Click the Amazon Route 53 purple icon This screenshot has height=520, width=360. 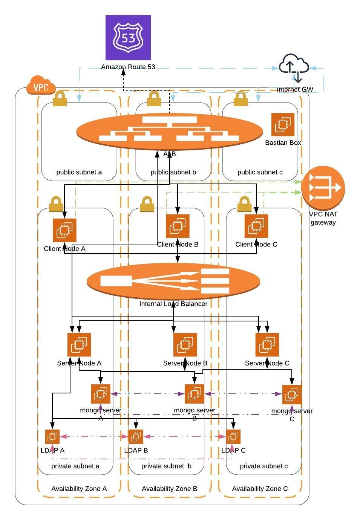click(128, 38)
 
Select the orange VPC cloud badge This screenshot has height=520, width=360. click(41, 86)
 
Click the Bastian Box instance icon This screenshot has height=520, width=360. click(283, 125)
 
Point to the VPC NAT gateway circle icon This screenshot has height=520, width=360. click(323, 188)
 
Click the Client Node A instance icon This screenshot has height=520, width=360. click(64, 230)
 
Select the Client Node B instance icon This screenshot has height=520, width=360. click(178, 226)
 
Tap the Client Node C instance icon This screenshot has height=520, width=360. click(256, 226)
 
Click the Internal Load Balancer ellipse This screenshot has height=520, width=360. click(173, 281)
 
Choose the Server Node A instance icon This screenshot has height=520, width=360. click(79, 345)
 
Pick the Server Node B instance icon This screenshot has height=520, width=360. click(185, 345)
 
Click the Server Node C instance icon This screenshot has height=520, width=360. click(267, 345)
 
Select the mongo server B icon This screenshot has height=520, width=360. click(194, 394)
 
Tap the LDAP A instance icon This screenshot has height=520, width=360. click(52, 437)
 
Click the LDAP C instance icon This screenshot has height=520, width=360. click(233, 437)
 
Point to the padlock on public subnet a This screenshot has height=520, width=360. click(60, 99)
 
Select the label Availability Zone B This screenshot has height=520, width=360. click(169, 489)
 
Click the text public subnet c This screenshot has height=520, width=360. click(260, 172)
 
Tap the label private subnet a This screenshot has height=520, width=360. click(75, 466)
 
